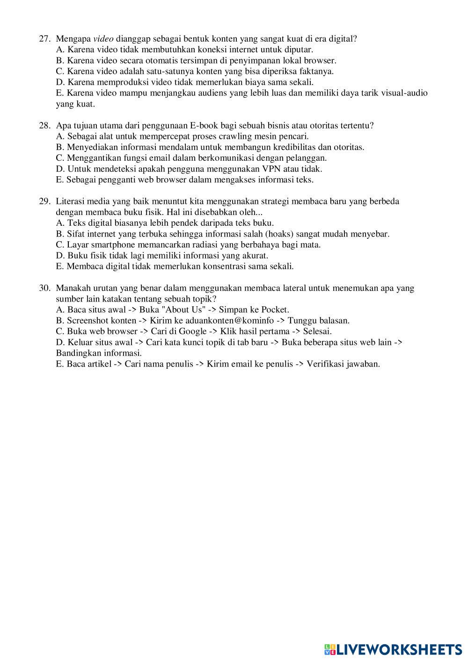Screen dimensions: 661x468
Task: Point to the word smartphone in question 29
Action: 112,245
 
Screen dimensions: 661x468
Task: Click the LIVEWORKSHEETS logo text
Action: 399,649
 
